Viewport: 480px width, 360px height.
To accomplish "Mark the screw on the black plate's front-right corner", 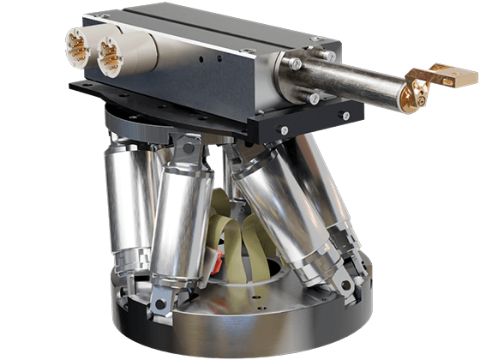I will click(x=344, y=116).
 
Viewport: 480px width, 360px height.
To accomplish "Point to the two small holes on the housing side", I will click(x=211, y=59).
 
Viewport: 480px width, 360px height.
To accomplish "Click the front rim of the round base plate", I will click(x=240, y=330).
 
